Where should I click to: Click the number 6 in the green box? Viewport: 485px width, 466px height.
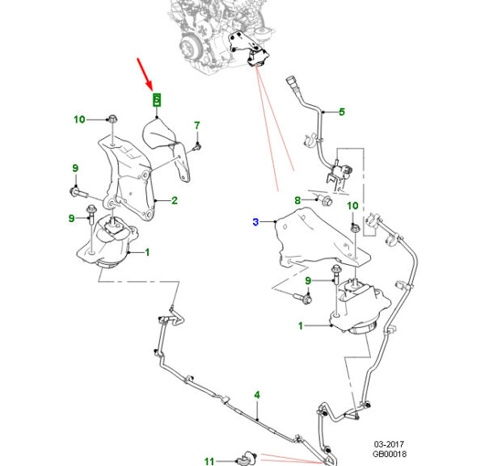coord(158,100)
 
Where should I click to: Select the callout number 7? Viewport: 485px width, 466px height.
coord(196,125)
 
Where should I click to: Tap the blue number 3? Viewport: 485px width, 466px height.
coord(255,222)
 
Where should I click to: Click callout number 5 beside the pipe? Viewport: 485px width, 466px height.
coord(341,112)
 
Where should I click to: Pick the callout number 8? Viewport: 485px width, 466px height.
coord(297,199)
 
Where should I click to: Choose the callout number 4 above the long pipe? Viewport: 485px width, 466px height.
coord(257,395)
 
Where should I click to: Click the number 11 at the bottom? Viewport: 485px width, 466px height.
coord(209,461)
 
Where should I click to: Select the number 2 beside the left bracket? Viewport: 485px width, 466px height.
coord(175,200)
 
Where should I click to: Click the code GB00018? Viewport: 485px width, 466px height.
coord(389,456)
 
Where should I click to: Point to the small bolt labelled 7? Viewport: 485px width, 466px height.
coord(198,146)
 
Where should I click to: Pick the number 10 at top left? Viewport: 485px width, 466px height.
coord(79,120)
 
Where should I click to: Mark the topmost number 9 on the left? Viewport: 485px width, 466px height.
coord(75,168)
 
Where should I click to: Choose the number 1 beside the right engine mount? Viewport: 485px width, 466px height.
coord(301,326)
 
